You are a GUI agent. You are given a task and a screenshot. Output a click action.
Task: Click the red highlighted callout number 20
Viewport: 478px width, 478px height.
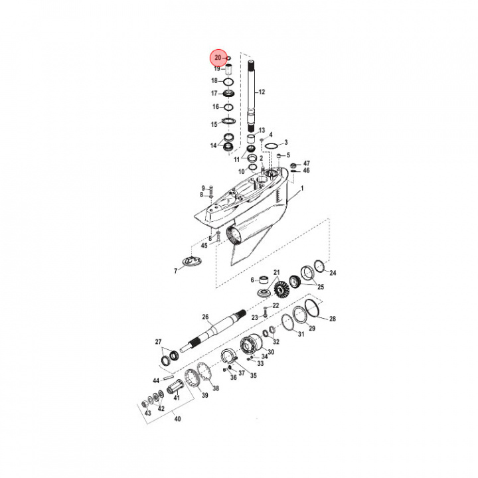217,58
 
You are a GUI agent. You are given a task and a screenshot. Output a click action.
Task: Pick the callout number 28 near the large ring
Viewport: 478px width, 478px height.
333,319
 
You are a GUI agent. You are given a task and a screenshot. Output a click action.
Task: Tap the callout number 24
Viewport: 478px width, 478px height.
333,273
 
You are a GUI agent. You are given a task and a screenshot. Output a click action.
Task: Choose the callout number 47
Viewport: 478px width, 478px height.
306,163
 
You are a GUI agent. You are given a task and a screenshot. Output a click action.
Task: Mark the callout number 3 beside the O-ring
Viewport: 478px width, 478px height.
285,143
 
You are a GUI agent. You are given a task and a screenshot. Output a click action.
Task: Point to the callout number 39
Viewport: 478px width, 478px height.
205,395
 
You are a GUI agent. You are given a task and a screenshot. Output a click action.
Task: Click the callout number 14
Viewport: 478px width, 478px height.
213,145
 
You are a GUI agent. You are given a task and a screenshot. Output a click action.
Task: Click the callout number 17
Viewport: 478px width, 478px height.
214,93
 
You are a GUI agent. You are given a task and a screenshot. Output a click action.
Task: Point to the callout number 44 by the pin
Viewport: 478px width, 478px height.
156,380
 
